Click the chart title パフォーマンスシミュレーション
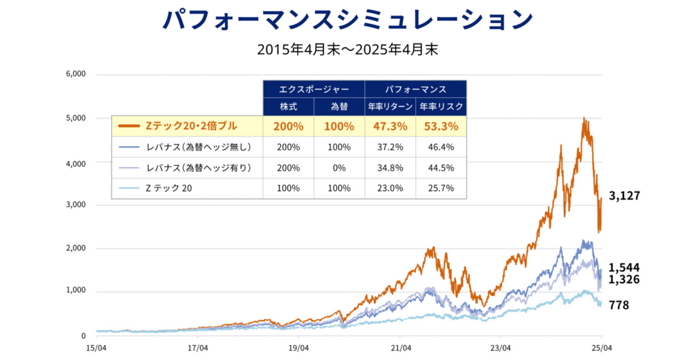click(x=347, y=19)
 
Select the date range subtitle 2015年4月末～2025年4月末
click(x=347, y=50)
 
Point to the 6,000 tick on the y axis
click(x=76, y=74)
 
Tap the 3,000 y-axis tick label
click(x=76, y=205)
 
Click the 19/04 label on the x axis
click(x=299, y=348)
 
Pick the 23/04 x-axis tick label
click(x=500, y=348)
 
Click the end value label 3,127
click(x=625, y=196)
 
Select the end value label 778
click(x=619, y=305)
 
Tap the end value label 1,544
click(x=624, y=268)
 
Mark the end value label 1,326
click(x=624, y=279)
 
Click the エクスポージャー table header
click(x=314, y=89)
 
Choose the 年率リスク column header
click(x=441, y=107)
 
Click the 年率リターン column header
click(x=390, y=107)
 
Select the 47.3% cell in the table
click(x=390, y=126)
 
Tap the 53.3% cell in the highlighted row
click(x=441, y=126)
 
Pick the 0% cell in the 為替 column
click(x=339, y=168)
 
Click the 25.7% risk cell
click(x=441, y=188)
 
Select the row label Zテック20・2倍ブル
click(x=191, y=126)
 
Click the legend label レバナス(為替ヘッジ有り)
click(x=199, y=168)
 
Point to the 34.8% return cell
click(x=390, y=168)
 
